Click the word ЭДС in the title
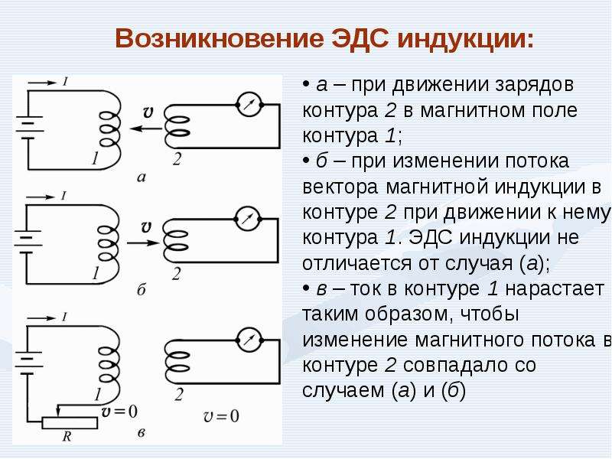[360, 39]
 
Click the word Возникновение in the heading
[219, 39]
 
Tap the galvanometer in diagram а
[249, 105]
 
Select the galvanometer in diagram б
[247, 219]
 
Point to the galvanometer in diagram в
[249, 340]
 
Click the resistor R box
[70, 423]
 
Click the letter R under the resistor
[67, 436]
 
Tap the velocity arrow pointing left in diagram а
[145, 129]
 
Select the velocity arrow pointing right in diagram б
[143, 243]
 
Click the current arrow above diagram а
[42, 83]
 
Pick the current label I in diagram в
[64, 317]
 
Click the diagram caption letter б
[142, 290]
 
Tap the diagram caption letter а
[142, 177]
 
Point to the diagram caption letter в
[142, 433]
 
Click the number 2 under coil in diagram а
[177, 159]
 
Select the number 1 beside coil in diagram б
[95, 273]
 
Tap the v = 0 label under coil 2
[220, 416]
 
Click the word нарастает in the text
[555, 290]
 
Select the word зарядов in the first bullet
[535, 86]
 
